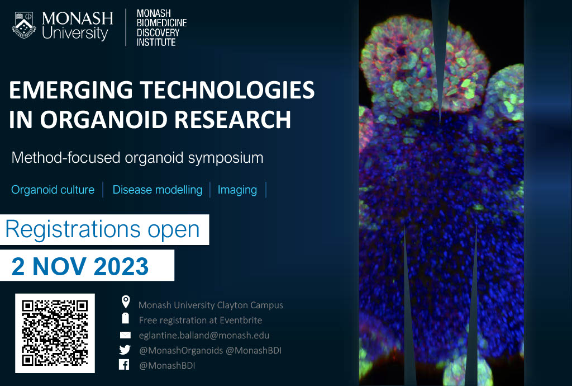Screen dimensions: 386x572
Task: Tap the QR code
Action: click(55, 333)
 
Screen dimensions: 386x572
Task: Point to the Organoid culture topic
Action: click(53, 190)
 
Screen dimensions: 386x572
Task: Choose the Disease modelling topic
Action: click(157, 190)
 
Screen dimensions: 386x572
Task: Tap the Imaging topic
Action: click(237, 190)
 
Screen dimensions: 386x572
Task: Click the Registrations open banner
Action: click(103, 229)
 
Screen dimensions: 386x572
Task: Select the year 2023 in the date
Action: click(121, 267)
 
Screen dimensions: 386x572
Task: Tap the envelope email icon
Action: click(125, 335)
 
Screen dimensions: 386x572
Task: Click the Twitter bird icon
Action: click(125, 350)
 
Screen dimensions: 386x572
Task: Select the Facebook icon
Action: click(125, 365)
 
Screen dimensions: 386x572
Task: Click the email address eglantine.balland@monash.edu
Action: click(204, 335)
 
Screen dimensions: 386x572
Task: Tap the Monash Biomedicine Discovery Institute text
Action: click(161, 27)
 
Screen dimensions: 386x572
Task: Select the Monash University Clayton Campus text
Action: click(211, 305)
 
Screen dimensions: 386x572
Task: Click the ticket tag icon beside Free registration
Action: click(125, 319)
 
